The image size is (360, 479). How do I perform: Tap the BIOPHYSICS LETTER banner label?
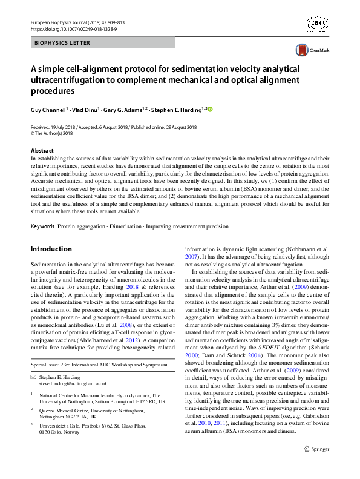coord(62,43)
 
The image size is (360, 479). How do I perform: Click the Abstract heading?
coord(42,150)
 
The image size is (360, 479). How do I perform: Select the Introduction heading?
coord(51,249)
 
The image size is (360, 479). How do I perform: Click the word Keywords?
coord(42,226)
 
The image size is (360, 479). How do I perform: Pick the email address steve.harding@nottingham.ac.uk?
coord(73,383)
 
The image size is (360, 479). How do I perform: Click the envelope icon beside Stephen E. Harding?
coord(33,377)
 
